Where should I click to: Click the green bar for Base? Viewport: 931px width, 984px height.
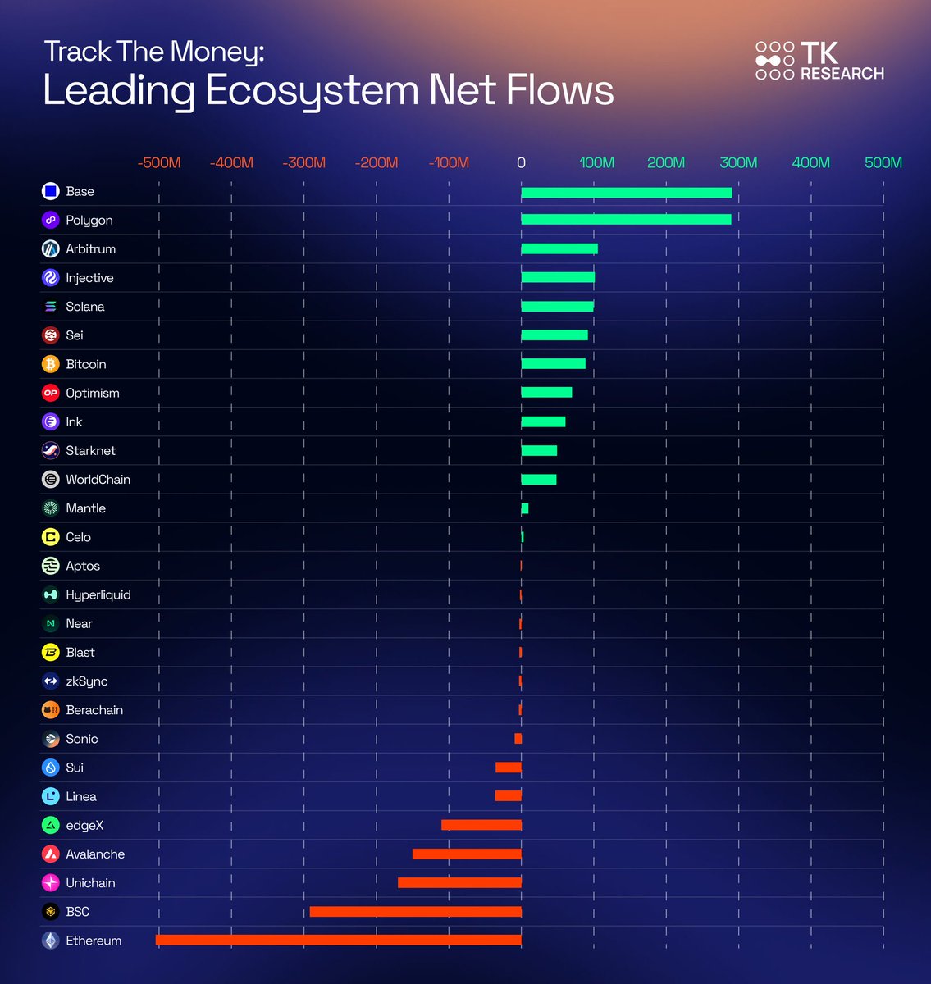[x=626, y=193]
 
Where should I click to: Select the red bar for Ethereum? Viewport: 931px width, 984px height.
[x=338, y=940]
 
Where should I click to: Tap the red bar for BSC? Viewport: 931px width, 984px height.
[x=415, y=911]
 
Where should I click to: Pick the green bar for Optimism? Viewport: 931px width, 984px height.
[x=546, y=393]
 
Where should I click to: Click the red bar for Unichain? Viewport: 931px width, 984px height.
[x=459, y=882]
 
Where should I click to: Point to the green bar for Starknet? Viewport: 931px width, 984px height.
[x=539, y=450]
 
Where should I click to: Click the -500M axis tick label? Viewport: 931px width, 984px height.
[x=159, y=162]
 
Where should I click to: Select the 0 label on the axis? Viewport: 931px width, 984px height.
[x=521, y=162]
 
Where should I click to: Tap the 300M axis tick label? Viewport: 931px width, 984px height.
[x=738, y=162]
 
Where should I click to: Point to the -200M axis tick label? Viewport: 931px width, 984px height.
[x=377, y=162]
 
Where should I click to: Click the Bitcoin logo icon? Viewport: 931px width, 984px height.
[x=51, y=364]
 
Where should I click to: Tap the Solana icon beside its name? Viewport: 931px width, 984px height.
[x=51, y=307]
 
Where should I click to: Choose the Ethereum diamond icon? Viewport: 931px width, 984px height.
[x=51, y=941]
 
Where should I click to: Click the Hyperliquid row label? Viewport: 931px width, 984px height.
[x=98, y=594]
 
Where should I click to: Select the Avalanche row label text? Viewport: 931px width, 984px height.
[x=95, y=854]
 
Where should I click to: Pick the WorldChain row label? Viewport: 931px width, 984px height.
[x=98, y=479]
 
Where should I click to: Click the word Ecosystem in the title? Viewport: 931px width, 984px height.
[x=312, y=90]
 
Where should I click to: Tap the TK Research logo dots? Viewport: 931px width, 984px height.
[x=774, y=61]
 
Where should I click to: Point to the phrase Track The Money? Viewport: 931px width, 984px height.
[x=154, y=52]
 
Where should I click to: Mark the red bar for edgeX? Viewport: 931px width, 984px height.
[x=481, y=825]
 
